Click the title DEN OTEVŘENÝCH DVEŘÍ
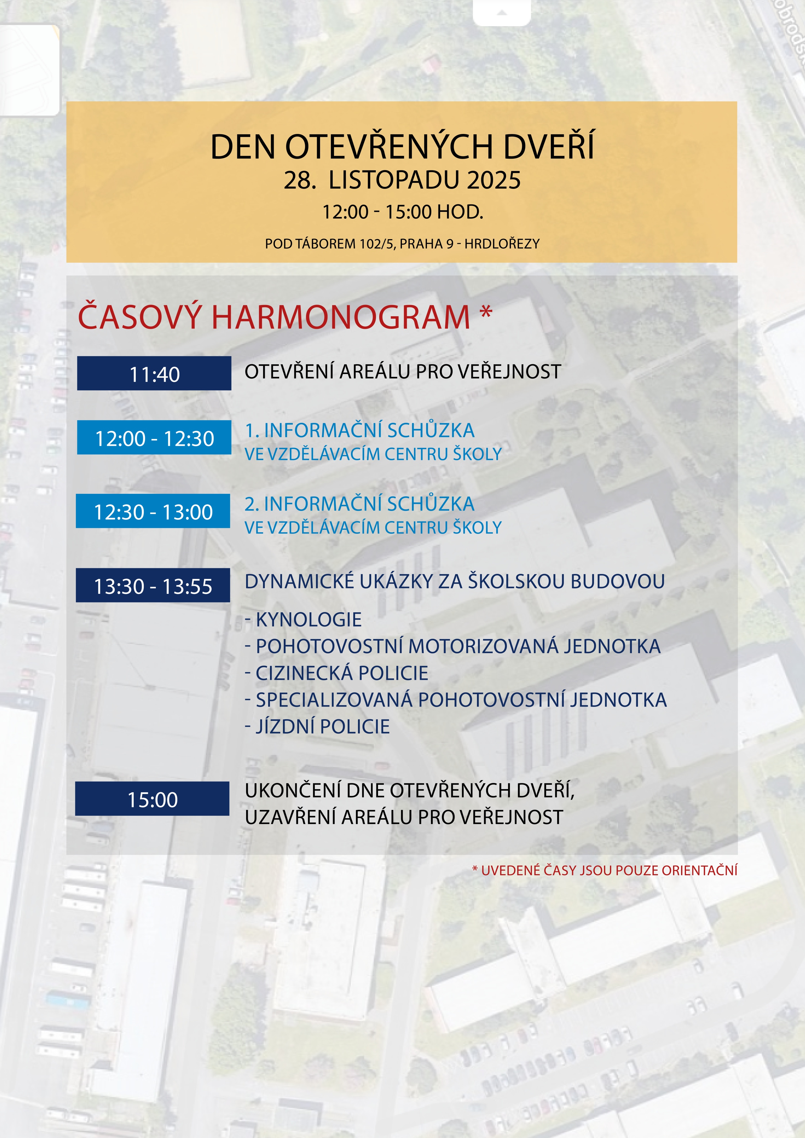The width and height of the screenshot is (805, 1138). pyautogui.click(x=402, y=147)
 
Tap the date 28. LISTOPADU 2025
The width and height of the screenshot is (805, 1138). pyautogui.click(x=402, y=180)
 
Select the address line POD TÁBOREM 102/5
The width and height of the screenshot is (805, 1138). pyautogui.click(x=402, y=244)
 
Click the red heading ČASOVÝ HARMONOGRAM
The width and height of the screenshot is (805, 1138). pyautogui.click(x=274, y=317)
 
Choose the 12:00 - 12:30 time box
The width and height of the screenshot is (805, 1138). pyautogui.click(x=154, y=438)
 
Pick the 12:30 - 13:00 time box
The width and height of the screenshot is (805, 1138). pyautogui.click(x=153, y=511)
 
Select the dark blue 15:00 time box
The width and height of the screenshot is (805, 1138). pyautogui.click(x=152, y=799)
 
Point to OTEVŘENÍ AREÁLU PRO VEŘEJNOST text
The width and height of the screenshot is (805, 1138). pyautogui.click(x=402, y=372)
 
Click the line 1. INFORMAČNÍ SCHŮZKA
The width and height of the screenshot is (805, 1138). pyautogui.click(x=359, y=431)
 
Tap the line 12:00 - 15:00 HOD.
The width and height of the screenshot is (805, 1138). pyautogui.click(x=402, y=212)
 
